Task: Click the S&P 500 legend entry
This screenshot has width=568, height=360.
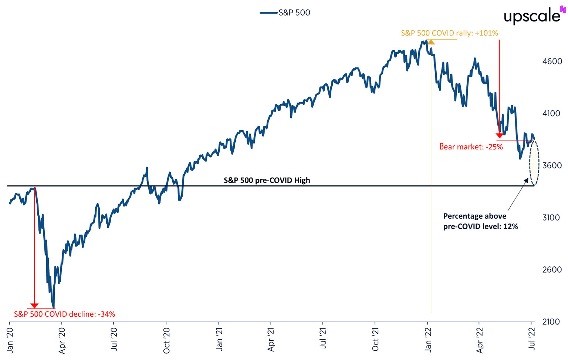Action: (285, 13)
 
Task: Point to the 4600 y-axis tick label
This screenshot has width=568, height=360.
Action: (552, 61)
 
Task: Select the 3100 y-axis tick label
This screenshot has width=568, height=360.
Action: (552, 218)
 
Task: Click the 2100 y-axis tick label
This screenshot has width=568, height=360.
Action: (552, 322)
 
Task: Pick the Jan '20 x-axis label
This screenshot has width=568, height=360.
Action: (10, 338)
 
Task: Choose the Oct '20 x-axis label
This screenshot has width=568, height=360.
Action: (167, 338)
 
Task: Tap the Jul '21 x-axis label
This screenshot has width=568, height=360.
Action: (324, 338)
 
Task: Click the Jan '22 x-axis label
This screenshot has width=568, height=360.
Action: (428, 338)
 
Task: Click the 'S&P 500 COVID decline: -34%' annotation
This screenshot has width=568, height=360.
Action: (64, 314)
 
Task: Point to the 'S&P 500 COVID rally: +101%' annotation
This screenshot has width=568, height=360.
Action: (449, 33)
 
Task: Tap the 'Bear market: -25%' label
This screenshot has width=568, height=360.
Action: (471, 147)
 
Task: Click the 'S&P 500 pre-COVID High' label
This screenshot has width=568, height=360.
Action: (267, 181)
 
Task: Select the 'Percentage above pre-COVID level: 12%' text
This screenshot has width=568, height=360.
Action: (480, 221)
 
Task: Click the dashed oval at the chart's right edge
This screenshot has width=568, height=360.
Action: (534, 163)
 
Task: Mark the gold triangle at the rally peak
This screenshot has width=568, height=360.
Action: (431, 42)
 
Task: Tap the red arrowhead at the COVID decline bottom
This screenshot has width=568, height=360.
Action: (34, 306)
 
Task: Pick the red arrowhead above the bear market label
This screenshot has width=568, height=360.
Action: (500, 135)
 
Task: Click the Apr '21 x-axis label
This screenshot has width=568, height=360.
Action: (271, 338)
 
